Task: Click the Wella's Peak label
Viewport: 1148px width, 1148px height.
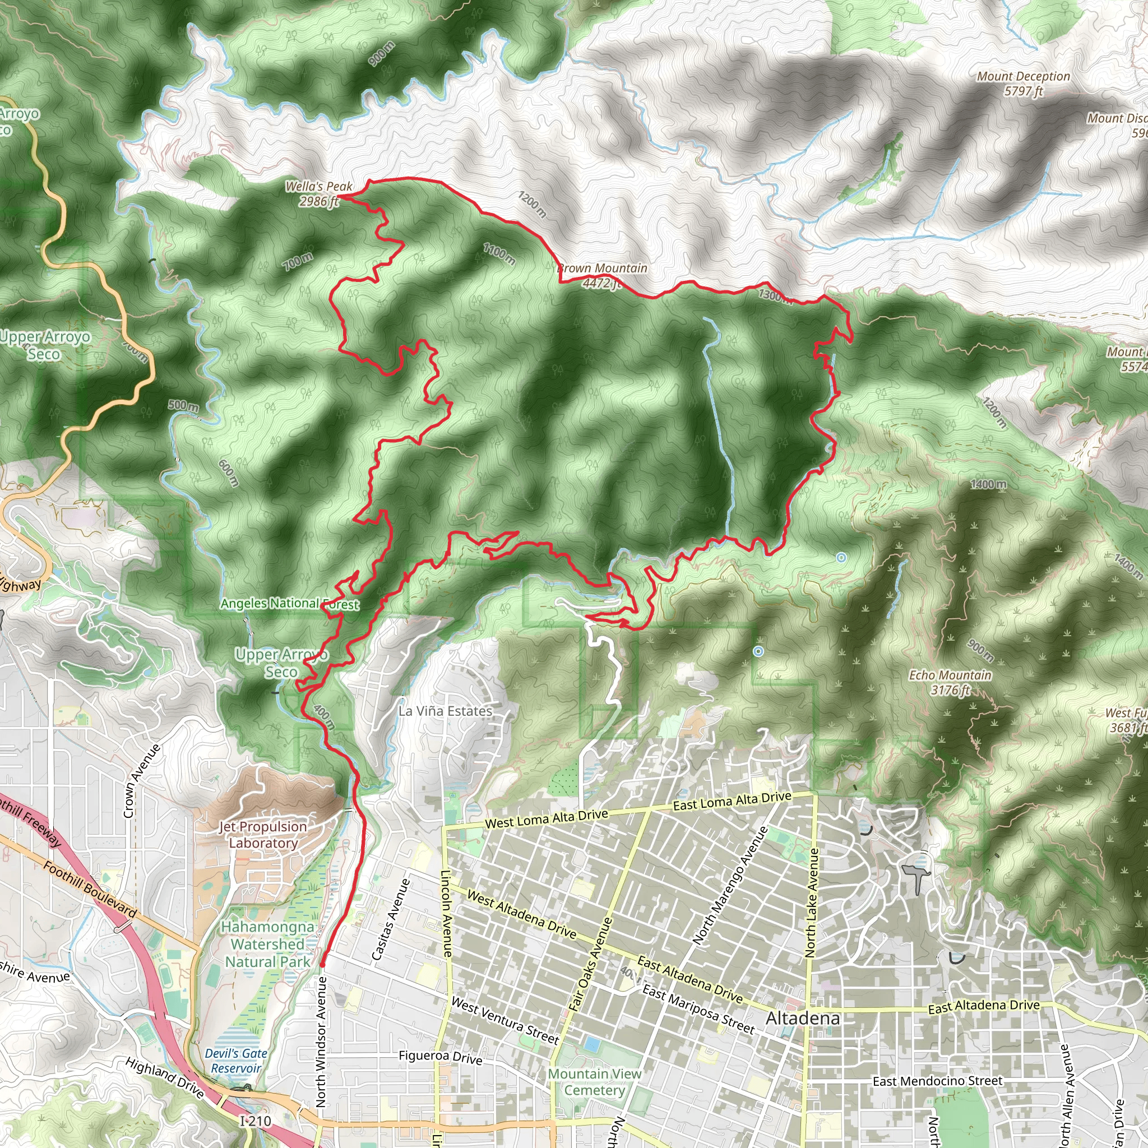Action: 319,194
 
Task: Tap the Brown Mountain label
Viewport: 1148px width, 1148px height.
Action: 603,276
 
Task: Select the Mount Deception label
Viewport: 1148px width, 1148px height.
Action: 1023,84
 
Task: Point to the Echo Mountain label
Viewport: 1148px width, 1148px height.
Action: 950,682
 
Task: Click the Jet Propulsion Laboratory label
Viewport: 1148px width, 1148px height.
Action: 263,834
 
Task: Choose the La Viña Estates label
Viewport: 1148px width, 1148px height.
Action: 445,711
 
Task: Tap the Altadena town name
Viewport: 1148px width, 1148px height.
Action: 803,1019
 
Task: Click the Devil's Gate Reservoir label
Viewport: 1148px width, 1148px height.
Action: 236,1061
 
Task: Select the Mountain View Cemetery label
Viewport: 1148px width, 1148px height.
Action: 595,1082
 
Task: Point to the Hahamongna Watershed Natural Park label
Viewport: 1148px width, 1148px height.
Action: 267,944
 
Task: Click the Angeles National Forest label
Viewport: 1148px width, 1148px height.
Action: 290,604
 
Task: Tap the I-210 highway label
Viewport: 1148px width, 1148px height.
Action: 256,1121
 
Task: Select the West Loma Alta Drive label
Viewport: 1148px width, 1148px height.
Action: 546,820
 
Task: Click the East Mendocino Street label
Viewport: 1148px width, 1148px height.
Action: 938,1081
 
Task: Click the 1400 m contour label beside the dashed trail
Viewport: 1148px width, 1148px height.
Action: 989,484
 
